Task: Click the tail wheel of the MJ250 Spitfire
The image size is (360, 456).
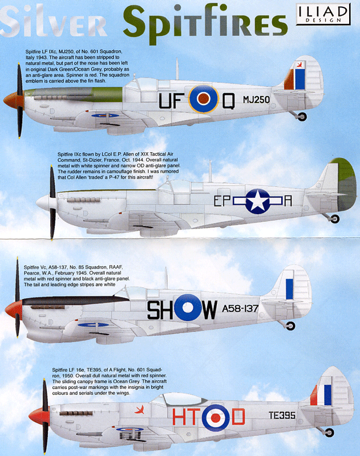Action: tap(302, 116)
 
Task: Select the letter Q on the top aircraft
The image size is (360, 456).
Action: tap(228, 101)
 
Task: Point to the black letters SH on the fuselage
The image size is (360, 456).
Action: tap(160, 310)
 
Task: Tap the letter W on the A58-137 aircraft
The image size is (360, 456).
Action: tap(208, 310)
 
